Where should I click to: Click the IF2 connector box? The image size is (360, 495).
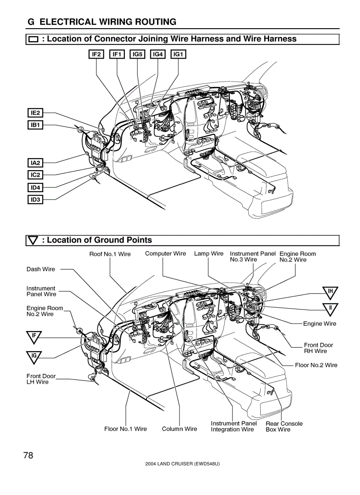coord(97,54)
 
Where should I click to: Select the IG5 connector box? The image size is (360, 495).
coord(138,54)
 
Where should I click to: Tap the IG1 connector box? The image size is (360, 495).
coord(178,54)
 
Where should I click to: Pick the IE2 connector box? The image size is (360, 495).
coord(35,113)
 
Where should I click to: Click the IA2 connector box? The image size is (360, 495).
coord(35,163)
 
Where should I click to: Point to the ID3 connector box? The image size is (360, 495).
coord(35,200)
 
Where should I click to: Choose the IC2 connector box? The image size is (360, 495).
coord(35,175)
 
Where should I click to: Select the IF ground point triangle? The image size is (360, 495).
coord(34,336)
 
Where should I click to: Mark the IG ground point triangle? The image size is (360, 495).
coord(34,355)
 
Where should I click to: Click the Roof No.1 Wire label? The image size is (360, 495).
coord(110,254)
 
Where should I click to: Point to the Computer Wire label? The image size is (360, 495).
coord(165,253)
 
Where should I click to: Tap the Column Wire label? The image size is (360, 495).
coord(179,429)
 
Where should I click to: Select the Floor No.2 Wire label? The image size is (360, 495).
coord(316,365)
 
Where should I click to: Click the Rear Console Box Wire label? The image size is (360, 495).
coord(284,426)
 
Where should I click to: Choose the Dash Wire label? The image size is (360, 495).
coord(41,269)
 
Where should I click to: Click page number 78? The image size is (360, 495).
coord(28,455)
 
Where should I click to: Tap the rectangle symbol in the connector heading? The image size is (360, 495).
coord(34,39)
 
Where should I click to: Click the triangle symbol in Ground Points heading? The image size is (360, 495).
coord(34,240)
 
